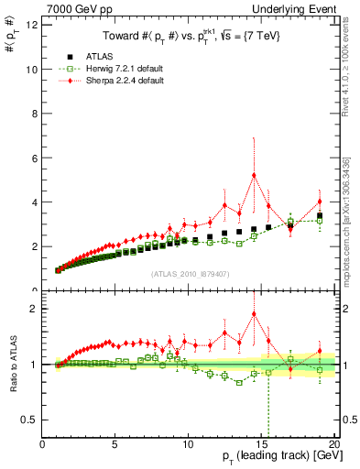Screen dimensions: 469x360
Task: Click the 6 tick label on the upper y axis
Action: pos(33,158)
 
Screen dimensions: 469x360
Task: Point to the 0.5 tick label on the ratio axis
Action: pos(28,420)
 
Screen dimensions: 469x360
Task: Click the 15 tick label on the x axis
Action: pos(261,445)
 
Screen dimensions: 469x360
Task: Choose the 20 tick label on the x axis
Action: pos(333,445)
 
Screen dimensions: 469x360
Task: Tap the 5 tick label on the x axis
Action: pos(115,445)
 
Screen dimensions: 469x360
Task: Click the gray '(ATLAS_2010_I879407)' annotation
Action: pos(189,273)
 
